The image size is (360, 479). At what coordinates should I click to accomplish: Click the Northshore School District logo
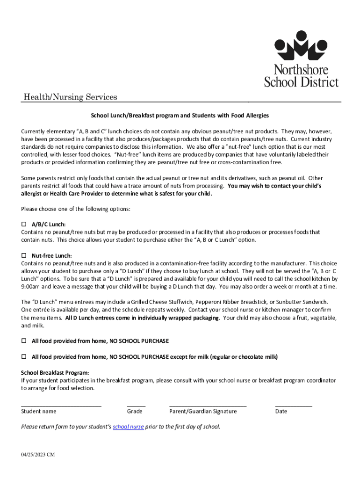(x=301, y=58)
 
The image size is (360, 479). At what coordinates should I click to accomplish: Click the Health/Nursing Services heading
(x=71, y=97)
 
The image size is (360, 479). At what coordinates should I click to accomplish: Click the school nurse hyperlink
(x=129, y=427)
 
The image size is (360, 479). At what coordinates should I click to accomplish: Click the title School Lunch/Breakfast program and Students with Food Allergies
(x=180, y=115)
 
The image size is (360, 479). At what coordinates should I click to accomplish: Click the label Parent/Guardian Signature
(x=203, y=412)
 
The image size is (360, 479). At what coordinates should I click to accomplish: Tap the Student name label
(x=39, y=412)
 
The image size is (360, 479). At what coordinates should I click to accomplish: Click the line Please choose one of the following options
(x=76, y=209)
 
